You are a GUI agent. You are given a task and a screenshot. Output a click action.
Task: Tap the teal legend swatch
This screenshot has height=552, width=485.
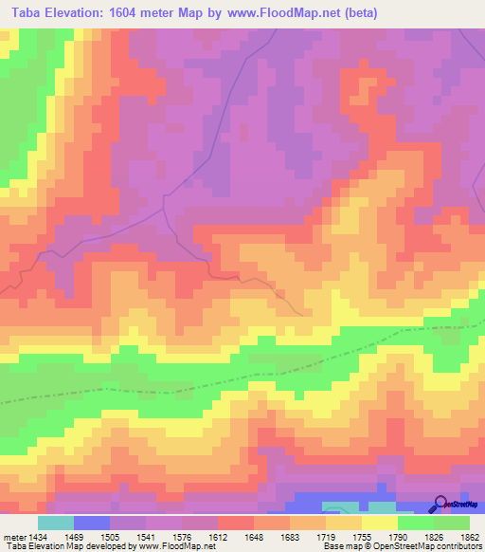[x=56, y=524]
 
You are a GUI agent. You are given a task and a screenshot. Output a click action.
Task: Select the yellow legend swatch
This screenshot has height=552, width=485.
[x=379, y=524]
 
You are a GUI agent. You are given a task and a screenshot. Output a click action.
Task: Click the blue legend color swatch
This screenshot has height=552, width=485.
[x=92, y=524]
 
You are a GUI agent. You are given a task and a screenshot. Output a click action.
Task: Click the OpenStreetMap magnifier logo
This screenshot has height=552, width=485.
[x=440, y=503]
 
